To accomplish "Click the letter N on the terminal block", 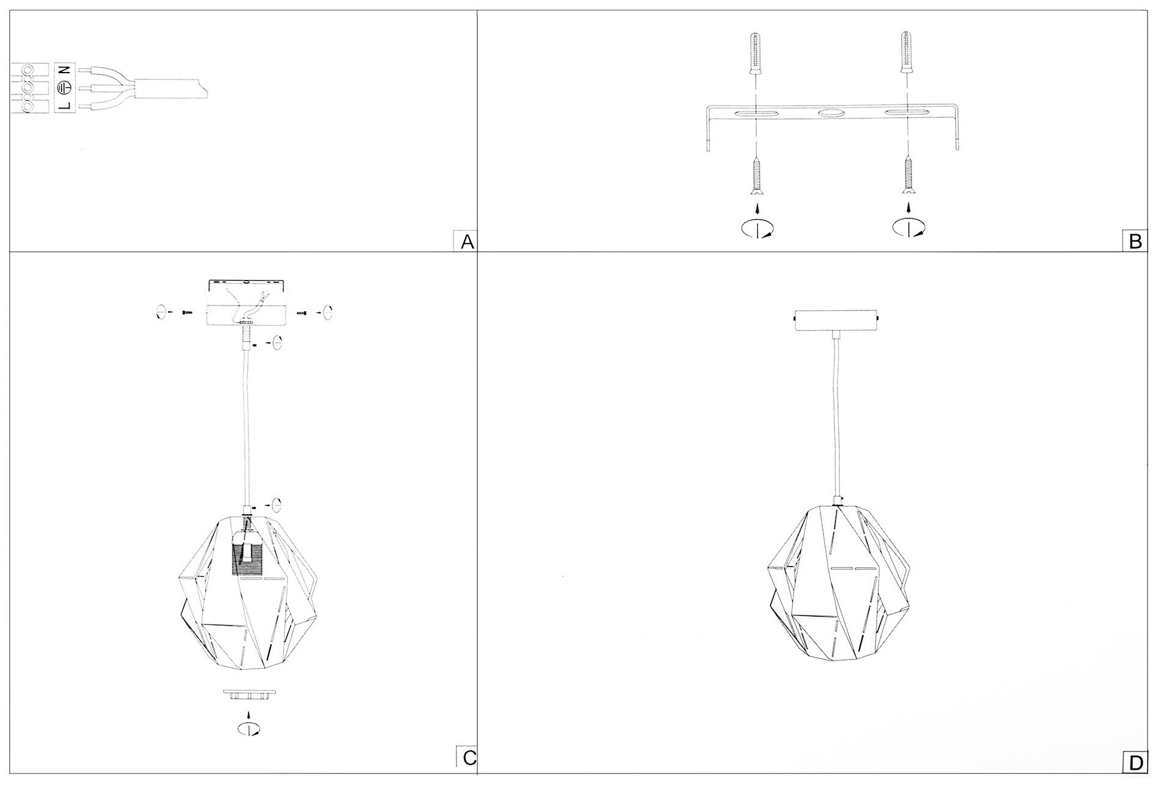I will (66, 71).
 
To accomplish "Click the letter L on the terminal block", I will (66, 106).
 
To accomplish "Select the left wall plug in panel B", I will (756, 49).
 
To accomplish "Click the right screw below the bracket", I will (908, 174).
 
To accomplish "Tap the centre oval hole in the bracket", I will (831, 114).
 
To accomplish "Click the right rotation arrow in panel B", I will (908, 228).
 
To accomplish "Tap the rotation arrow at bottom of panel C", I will (248, 728).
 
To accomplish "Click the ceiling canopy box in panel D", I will (836, 319).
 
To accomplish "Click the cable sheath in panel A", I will (171, 89).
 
